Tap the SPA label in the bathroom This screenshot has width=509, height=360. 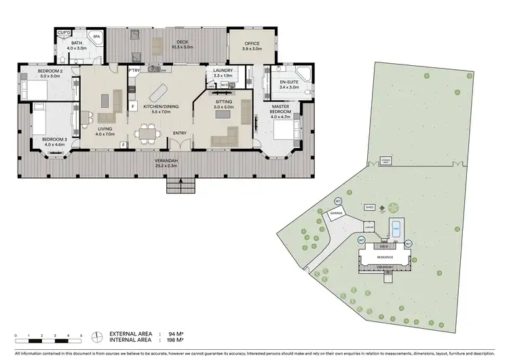pos(96,36)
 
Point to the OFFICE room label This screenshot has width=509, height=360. pos(251,43)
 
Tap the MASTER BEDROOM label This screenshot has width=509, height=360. pos(280,109)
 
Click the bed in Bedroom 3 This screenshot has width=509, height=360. pos(42,120)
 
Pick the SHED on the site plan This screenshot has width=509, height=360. pos(370,207)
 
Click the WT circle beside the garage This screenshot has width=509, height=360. pos(338,201)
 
